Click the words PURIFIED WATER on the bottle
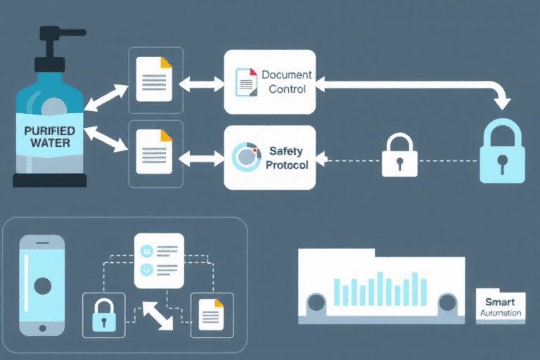tap(46, 136)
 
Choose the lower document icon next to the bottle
tap(154, 152)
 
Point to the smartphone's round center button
tap(42, 285)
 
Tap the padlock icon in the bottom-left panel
tap(103, 314)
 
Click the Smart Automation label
tap(500, 306)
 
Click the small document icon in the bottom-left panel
tap(212, 314)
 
